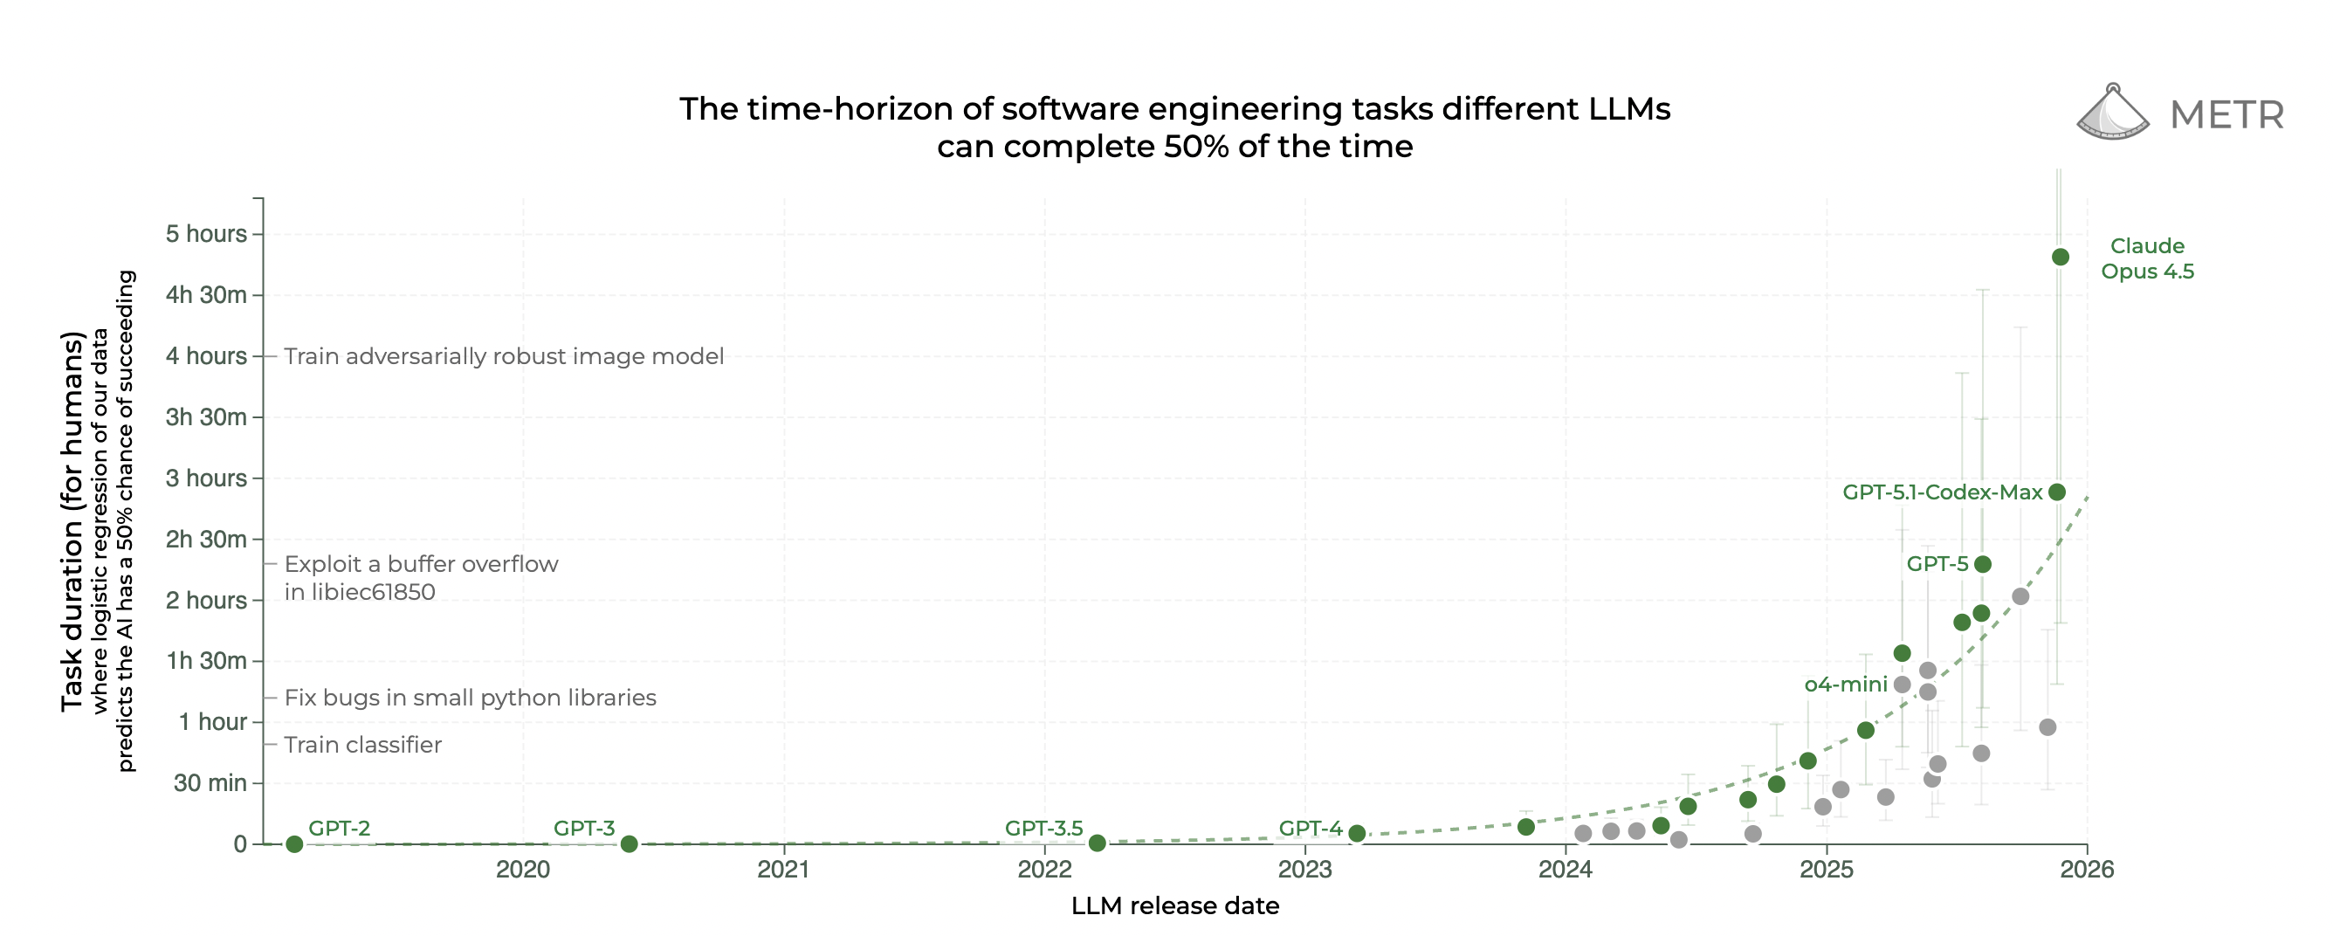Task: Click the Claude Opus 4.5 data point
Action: click(2061, 258)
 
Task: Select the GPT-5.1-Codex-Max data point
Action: click(2057, 492)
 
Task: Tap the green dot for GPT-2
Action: click(294, 844)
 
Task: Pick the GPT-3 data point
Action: click(629, 844)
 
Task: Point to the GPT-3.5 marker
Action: click(1097, 843)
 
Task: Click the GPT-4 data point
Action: click(1357, 834)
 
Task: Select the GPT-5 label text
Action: click(1937, 563)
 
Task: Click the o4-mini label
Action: click(1846, 685)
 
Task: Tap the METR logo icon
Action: click(2112, 114)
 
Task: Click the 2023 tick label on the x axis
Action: click(1304, 870)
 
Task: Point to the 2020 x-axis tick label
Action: click(523, 870)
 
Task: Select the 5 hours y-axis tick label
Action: click(205, 234)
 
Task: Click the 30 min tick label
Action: click(210, 783)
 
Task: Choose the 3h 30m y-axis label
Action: click(205, 416)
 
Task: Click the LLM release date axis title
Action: click(1174, 906)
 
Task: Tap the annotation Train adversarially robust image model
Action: click(504, 356)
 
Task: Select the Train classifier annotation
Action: click(362, 745)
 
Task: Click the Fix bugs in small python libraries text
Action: click(470, 698)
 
